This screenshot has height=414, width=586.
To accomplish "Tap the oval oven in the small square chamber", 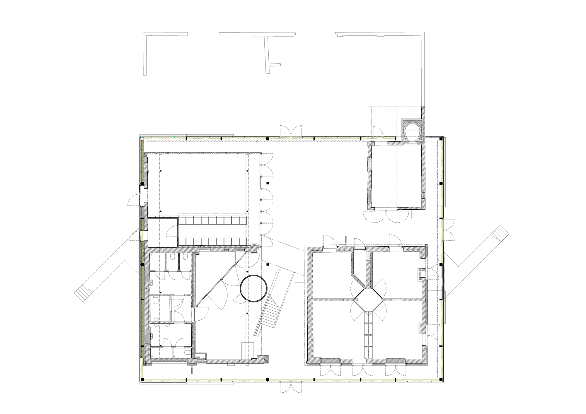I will coord(412,131).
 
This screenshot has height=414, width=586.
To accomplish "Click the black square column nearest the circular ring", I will coord(268,264).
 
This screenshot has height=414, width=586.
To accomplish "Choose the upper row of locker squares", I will coord(212,220).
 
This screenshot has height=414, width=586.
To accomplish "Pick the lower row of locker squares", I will coord(212,241).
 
